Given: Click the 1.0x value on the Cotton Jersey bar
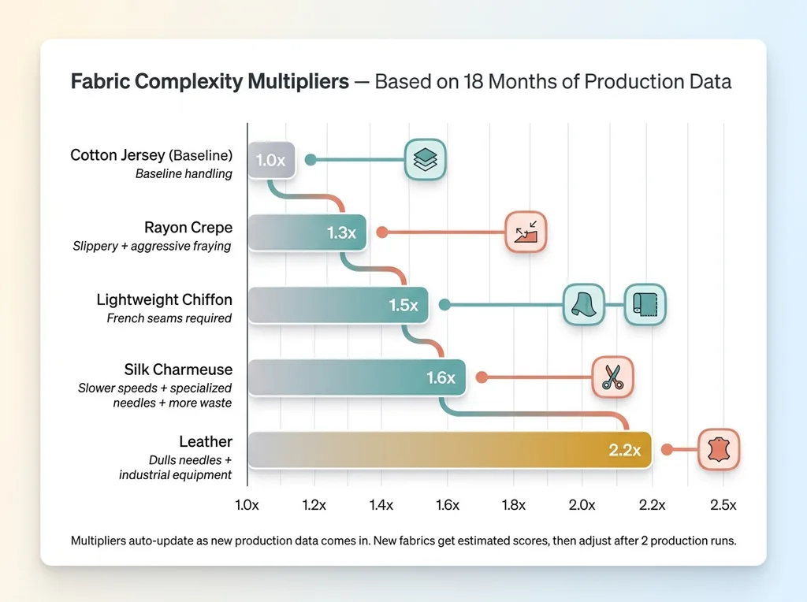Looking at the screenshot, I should (x=270, y=160).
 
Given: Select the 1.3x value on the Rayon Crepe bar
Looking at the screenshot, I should (x=342, y=232).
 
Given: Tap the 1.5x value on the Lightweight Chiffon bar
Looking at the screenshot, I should (x=403, y=305).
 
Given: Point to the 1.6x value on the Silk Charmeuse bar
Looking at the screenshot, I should (x=441, y=377).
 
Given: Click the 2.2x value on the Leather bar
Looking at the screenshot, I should (x=625, y=450).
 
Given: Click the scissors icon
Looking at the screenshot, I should (x=612, y=377).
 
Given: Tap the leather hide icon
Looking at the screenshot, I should (x=719, y=450).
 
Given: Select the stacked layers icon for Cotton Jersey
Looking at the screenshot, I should (x=425, y=160).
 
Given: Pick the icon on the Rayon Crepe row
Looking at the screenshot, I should (x=526, y=232).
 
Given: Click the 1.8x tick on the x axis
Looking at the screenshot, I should (x=514, y=505).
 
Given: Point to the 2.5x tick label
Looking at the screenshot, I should (x=722, y=505).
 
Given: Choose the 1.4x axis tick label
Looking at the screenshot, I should (x=381, y=505).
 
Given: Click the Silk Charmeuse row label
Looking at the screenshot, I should (x=178, y=370).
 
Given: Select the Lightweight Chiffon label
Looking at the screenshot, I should (x=164, y=299).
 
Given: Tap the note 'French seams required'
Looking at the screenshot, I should (x=169, y=318).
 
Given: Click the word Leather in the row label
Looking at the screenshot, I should (x=206, y=441).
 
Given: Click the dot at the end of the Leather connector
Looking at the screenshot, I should (x=667, y=450).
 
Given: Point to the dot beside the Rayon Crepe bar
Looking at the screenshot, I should (x=381, y=232).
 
